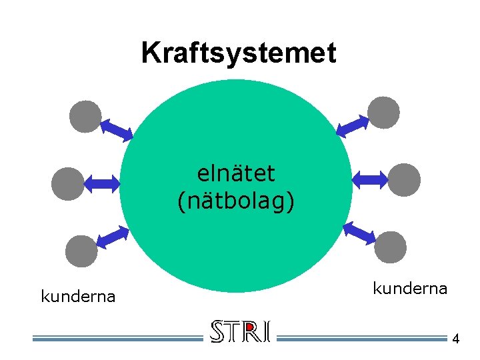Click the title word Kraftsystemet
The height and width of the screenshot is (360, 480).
(x=239, y=53)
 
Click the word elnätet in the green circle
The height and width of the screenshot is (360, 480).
(x=236, y=173)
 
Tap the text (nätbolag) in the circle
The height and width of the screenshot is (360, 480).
(x=236, y=201)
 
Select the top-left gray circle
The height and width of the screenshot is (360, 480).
(x=86, y=116)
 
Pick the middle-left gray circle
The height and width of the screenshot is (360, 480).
(x=68, y=183)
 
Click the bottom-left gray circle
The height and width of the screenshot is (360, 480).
(x=81, y=251)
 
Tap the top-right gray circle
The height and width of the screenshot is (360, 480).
(x=384, y=112)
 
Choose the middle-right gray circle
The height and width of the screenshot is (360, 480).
(x=405, y=179)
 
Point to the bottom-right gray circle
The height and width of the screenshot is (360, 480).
(x=390, y=246)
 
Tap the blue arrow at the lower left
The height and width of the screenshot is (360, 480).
(x=112, y=237)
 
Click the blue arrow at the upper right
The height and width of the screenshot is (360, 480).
(x=353, y=125)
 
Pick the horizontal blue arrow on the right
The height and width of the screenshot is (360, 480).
(x=369, y=179)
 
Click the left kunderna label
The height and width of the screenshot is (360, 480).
(x=78, y=296)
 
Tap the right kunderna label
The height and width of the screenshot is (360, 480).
(x=409, y=288)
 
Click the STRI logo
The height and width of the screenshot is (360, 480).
(x=240, y=332)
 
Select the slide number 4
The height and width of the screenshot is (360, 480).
(x=455, y=339)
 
